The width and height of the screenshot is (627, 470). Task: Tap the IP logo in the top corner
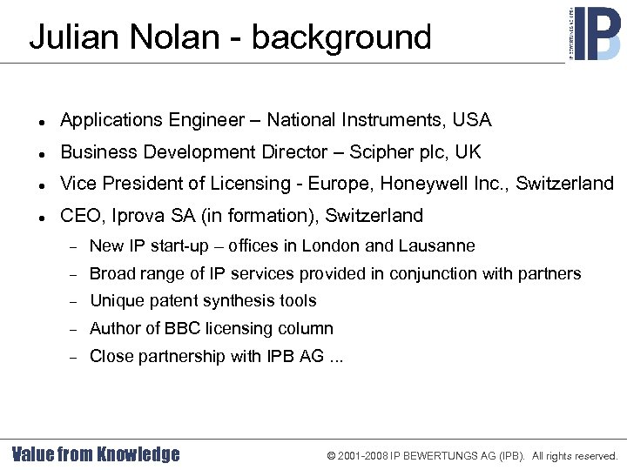click(595, 32)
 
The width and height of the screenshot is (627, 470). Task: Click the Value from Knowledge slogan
click(96, 453)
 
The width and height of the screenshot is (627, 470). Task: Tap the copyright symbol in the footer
click(332, 455)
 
